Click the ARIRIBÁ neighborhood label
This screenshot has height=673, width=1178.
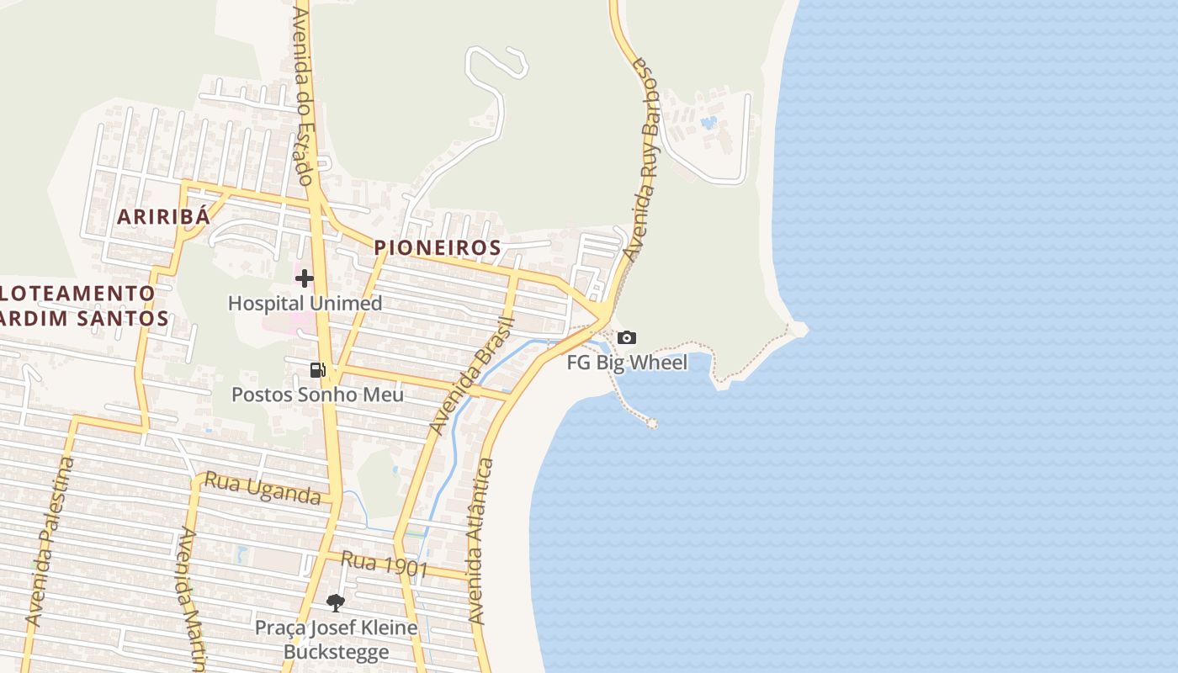[162, 216]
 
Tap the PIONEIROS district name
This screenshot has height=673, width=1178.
[438, 248]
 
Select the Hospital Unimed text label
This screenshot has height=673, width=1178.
[305, 303]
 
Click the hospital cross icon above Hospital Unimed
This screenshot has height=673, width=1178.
[305, 278]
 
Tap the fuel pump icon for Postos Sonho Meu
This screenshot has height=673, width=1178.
[318, 369]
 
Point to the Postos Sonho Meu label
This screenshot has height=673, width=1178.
[317, 395]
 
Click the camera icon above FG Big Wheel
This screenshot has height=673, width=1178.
[627, 338]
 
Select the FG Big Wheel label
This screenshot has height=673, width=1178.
[627, 363]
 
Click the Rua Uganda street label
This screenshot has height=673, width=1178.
[263, 489]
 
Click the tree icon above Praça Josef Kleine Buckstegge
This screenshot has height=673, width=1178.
[336, 603]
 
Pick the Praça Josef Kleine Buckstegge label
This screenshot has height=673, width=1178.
[336, 639]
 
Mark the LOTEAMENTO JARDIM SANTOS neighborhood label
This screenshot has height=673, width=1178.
[80, 305]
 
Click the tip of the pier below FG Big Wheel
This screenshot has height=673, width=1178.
[652, 422]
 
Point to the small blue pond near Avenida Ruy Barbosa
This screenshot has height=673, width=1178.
[709, 123]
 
